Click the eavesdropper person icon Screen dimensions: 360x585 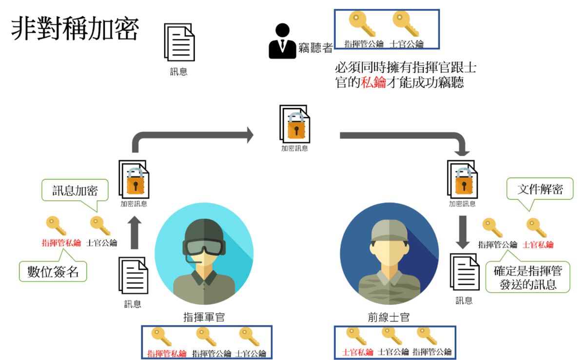pos(282,41)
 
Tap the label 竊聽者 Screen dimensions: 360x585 pos(315,47)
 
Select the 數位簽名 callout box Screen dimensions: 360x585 pos(53,271)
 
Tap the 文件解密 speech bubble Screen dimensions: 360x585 pos(540,189)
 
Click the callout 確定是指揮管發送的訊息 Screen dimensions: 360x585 pos(527,277)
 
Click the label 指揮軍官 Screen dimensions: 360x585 pos(204,318)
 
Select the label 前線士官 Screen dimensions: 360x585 pos(389,318)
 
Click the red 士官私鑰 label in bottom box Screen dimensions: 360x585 pos(358,352)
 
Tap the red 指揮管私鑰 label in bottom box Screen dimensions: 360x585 pos(167,353)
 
